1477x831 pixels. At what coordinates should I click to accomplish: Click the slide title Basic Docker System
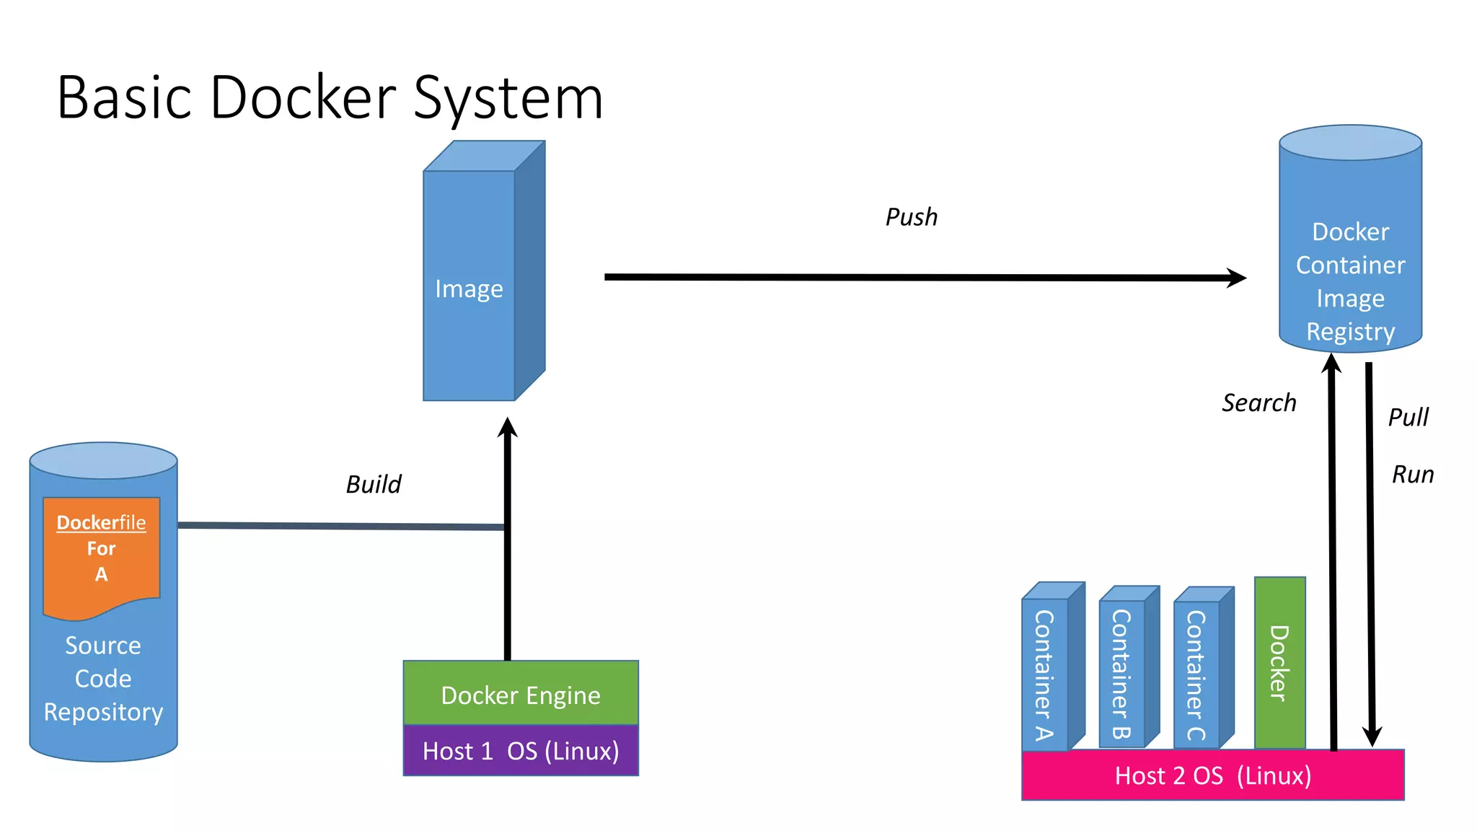click(330, 97)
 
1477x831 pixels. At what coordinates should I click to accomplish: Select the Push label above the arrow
click(912, 217)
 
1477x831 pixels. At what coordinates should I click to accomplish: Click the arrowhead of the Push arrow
click(1238, 278)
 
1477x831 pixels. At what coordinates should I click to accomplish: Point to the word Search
click(1258, 403)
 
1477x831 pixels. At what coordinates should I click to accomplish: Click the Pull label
click(1408, 417)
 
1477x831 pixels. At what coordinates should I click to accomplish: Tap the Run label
click(1412, 475)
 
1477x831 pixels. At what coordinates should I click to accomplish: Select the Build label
click(373, 484)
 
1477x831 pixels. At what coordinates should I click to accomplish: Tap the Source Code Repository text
click(103, 679)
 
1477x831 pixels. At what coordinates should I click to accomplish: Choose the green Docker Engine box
click(521, 694)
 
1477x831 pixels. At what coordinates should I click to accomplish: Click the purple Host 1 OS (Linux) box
click(521, 751)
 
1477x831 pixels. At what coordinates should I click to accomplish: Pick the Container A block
click(1045, 674)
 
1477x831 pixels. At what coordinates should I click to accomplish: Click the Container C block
click(1196, 674)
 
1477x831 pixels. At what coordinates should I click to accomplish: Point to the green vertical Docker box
click(1279, 662)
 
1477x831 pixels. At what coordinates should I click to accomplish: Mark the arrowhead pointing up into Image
click(508, 428)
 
